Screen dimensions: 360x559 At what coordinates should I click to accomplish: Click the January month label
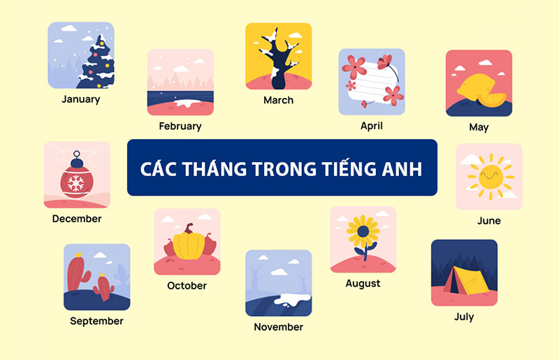80,99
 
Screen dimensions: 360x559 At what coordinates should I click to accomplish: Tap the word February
180,127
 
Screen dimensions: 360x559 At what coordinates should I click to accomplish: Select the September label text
96,322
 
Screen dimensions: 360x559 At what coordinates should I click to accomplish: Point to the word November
278,327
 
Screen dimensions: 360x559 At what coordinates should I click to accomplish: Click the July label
464,317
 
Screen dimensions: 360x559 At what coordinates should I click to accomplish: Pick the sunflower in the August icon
363,231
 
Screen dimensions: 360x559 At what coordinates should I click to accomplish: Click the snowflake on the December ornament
75,184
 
